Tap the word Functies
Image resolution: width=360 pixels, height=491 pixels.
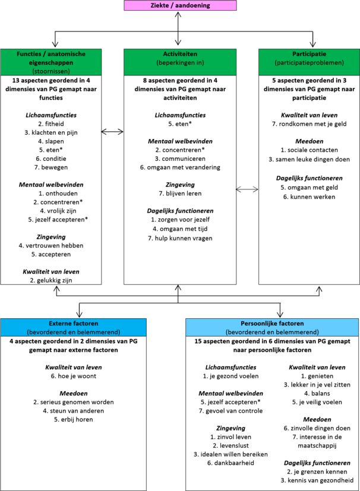(30, 54)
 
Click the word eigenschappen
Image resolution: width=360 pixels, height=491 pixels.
(51, 62)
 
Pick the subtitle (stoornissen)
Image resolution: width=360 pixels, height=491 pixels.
(51, 71)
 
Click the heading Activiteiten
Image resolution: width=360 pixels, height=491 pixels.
(180, 54)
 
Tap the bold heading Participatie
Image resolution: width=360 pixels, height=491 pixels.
(310, 54)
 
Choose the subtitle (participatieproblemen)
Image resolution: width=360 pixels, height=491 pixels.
(310, 62)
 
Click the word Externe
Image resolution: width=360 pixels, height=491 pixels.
(61, 324)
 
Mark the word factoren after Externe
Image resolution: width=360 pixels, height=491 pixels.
(86, 324)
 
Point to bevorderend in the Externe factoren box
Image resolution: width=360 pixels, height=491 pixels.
(46, 332)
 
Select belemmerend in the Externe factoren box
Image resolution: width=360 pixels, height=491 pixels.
(99, 332)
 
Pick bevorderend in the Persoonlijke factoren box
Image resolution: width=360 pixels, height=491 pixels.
(245, 332)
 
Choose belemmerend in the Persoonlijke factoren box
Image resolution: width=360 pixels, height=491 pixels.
(298, 332)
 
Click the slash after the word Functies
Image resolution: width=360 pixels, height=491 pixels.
(46, 54)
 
